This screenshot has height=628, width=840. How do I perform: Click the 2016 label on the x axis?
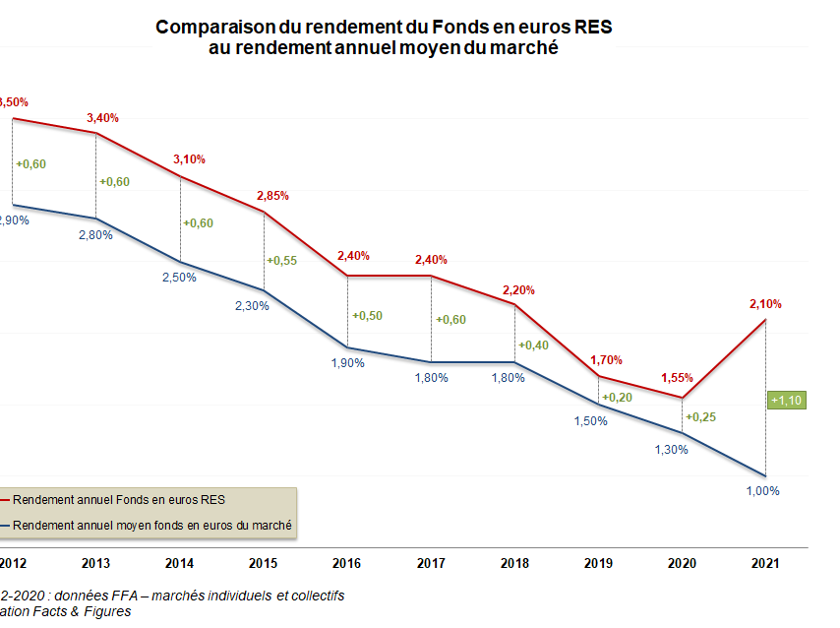347,563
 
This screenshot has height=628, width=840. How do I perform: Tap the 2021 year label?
765,563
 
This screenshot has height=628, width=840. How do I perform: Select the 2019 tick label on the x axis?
598,563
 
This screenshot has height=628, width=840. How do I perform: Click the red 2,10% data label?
766,305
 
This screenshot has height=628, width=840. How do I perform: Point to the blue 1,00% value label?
763,491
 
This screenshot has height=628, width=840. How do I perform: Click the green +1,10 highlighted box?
787,400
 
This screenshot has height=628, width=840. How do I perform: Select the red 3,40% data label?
102,118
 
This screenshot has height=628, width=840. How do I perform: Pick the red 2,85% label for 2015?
272,196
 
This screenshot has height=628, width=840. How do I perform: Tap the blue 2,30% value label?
253,306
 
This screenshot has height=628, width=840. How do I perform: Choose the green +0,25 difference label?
702,417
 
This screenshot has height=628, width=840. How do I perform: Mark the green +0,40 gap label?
535,345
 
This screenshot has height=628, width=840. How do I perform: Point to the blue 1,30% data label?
671,449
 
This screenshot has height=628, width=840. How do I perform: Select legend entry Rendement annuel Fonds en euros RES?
118,500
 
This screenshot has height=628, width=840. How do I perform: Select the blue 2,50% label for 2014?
180,278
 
